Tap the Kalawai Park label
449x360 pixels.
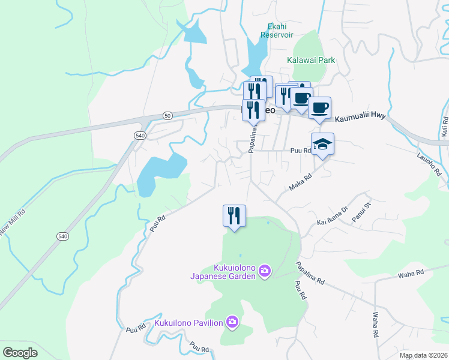click(310, 61)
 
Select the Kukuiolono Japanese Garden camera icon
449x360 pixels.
click(264, 272)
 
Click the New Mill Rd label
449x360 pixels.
click(13, 221)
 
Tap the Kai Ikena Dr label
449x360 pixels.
click(333, 216)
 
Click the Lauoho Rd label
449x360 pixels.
click(429, 163)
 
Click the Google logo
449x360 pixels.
click(20, 353)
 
